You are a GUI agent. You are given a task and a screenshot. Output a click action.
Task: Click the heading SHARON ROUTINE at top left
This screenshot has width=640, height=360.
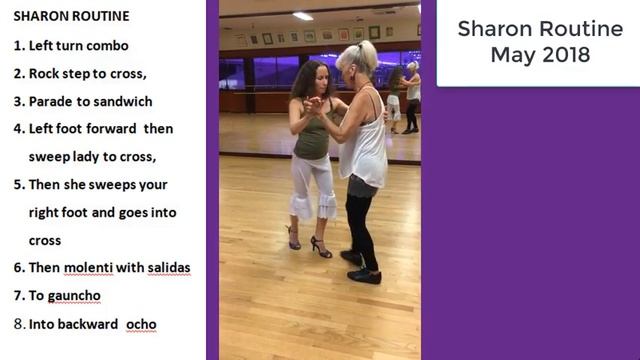click(71, 17)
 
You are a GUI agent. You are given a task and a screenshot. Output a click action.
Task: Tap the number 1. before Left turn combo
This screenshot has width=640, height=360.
click(20, 46)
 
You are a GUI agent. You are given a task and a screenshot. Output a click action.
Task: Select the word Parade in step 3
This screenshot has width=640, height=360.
click(52, 101)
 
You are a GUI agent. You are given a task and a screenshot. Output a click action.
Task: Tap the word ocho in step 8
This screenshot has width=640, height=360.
click(141, 324)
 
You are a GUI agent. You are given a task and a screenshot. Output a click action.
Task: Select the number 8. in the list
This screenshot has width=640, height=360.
click(20, 324)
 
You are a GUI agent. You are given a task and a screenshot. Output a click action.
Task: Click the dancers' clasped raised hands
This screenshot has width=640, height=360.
click(318, 102)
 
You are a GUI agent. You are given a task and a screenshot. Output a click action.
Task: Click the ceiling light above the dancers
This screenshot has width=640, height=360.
click(303, 16)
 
